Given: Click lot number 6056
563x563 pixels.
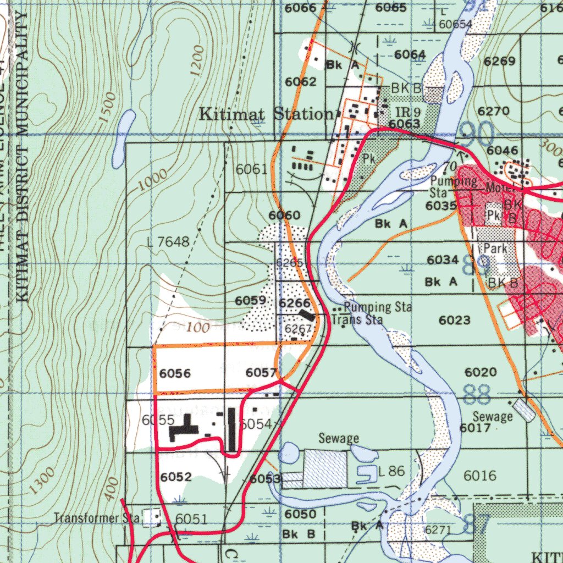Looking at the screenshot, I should (175, 374).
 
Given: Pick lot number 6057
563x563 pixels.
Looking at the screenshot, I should (261, 373).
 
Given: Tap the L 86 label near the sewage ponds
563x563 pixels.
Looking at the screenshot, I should (392, 471).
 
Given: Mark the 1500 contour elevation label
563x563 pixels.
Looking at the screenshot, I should (109, 107).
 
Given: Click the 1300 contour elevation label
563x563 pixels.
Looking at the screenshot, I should (43, 479).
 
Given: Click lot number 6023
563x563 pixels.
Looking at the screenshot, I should (455, 320).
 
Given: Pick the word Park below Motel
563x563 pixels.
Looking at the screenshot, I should (495, 249).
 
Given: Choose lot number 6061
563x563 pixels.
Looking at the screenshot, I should (251, 169).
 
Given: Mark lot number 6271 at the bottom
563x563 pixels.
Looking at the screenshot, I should (438, 529).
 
